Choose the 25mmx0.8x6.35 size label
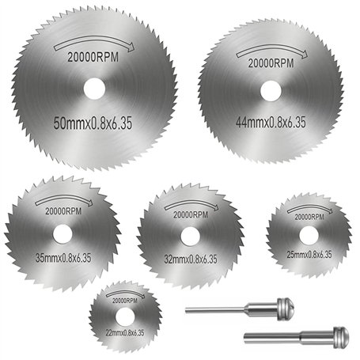pos(306,253)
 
